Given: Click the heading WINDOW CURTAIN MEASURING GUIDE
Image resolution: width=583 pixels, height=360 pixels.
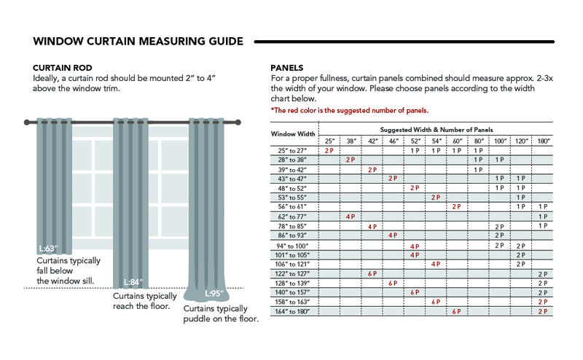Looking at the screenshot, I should pyautogui.click(x=138, y=41).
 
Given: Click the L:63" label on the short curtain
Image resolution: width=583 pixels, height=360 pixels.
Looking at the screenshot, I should pyautogui.click(x=48, y=248).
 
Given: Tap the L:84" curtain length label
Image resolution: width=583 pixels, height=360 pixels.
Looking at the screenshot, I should pyautogui.click(x=133, y=282).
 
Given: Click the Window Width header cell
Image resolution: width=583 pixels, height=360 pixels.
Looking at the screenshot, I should pyautogui.click(x=293, y=134).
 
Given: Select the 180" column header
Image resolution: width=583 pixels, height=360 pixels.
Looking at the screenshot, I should pyautogui.click(x=542, y=140).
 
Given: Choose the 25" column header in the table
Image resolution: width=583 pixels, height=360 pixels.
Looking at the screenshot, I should pyautogui.click(x=329, y=140).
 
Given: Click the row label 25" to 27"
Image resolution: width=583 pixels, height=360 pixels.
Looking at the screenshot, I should pyautogui.click(x=293, y=150).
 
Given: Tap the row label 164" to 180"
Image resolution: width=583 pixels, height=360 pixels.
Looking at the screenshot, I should pyautogui.click(x=293, y=311).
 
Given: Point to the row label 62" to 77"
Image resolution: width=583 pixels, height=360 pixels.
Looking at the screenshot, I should pyautogui.click(x=293, y=216).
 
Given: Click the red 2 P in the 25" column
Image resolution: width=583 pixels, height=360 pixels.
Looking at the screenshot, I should pyautogui.click(x=329, y=150).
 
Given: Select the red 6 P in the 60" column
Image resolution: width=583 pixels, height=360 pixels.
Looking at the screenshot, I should pyautogui.click(x=457, y=311).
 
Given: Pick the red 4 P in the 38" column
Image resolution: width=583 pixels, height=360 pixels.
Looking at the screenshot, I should pyautogui.click(x=351, y=216).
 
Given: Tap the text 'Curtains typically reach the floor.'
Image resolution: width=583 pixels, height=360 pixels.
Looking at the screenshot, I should pyautogui.click(x=145, y=301).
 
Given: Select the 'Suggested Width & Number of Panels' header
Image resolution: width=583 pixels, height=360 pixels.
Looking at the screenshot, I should pyautogui.click(x=436, y=129).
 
